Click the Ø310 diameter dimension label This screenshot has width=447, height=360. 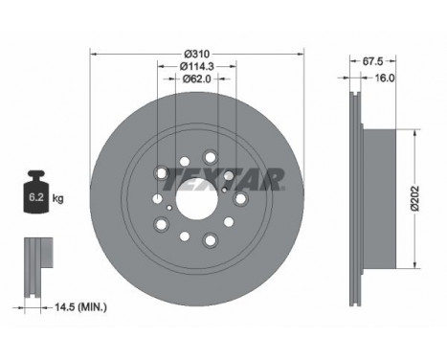(197, 54)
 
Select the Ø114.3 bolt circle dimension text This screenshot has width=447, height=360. (196, 66)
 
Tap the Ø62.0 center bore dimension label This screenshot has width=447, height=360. (197, 79)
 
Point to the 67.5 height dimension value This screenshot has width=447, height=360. (372, 61)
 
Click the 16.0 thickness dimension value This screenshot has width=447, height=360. (384, 78)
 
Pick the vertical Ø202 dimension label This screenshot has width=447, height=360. (414, 198)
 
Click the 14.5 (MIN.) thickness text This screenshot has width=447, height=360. (81, 307)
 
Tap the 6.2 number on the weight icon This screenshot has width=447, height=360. (36, 197)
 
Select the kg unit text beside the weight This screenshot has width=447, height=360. (57, 199)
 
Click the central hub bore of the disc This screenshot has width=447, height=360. (197, 198)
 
